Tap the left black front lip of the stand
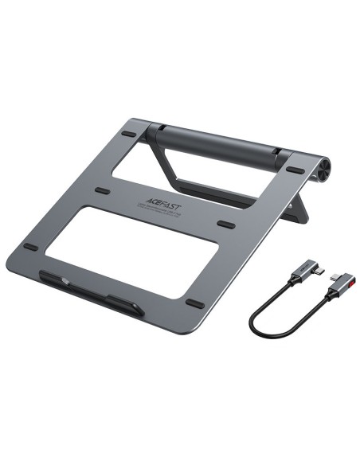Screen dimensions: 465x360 tap(65, 281)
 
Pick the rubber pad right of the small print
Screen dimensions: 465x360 tap(226, 224)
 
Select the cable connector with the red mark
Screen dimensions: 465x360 tap(338, 286)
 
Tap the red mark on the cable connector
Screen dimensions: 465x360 tap(351, 280)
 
